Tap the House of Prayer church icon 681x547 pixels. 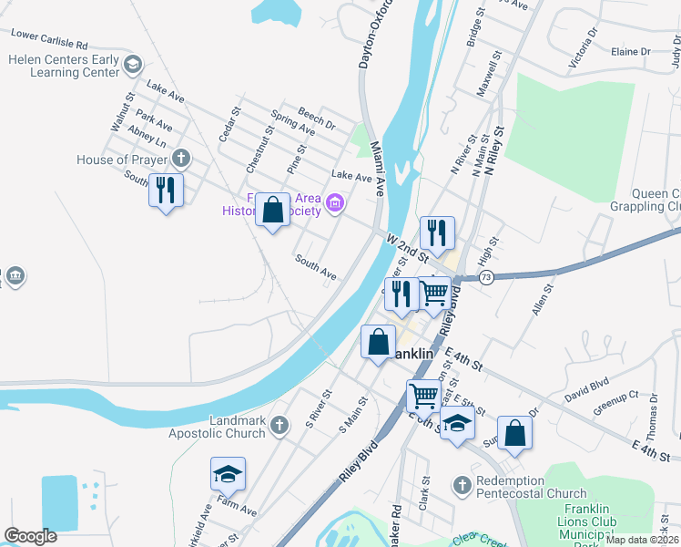click(x=180, y=160)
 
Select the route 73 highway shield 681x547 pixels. click(x=487, y=277)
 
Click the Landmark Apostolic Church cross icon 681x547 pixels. click(x=280, y=424)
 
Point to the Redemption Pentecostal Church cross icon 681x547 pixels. click(x=462, y=484)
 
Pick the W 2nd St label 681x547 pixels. click(x=407, y=245)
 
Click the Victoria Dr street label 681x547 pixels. click(x=584, y=47)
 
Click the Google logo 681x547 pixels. click(x=30, y=536)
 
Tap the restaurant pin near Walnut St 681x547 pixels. click(x=165, y=190)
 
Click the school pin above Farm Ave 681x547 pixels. click(x=228, y=473)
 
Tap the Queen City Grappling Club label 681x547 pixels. click(x=656, y=200)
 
